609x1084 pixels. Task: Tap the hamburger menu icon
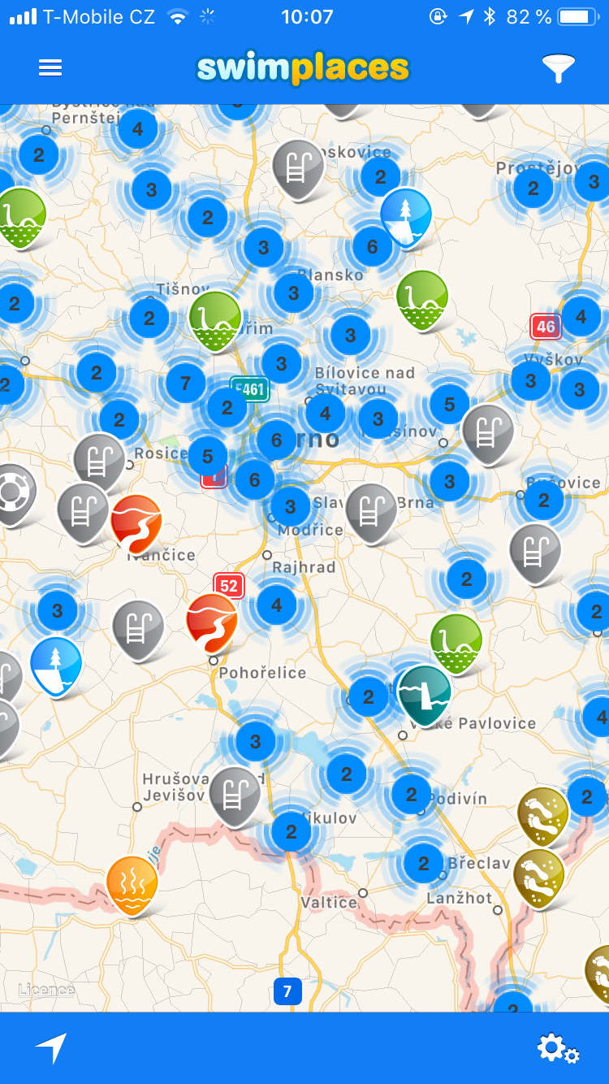coord(50,68)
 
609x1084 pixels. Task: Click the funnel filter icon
coord(559,69)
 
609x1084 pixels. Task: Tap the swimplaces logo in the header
coord(303,69)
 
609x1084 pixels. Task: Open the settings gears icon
coord(558,1048)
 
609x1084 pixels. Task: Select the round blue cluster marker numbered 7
coord(186,383)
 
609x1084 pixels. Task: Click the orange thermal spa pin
coord(132,883)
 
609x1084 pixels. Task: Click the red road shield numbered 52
coord(229,585)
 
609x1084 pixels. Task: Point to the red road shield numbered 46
coord(546,327)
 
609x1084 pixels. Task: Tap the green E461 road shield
coord(249,389)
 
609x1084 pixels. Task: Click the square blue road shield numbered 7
coord(287,991)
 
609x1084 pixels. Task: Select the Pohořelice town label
coord(262,673)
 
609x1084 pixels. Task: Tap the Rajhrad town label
coord(304,567)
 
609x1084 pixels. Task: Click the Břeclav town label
coord(478,863)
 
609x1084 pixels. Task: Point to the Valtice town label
coord(328,902)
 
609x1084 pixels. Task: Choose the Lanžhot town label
coord(460,898)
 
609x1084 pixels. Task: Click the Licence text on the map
coord(46,990)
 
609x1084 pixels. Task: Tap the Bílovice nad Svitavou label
coord(365,381)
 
